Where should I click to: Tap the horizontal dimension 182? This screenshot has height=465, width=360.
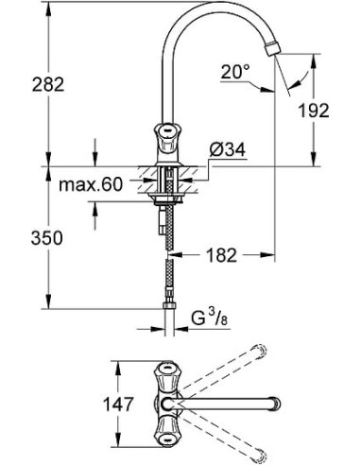pos(220,255)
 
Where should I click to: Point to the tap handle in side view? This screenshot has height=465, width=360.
pos(168,137)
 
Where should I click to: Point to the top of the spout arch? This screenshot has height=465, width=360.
pos(213,9)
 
